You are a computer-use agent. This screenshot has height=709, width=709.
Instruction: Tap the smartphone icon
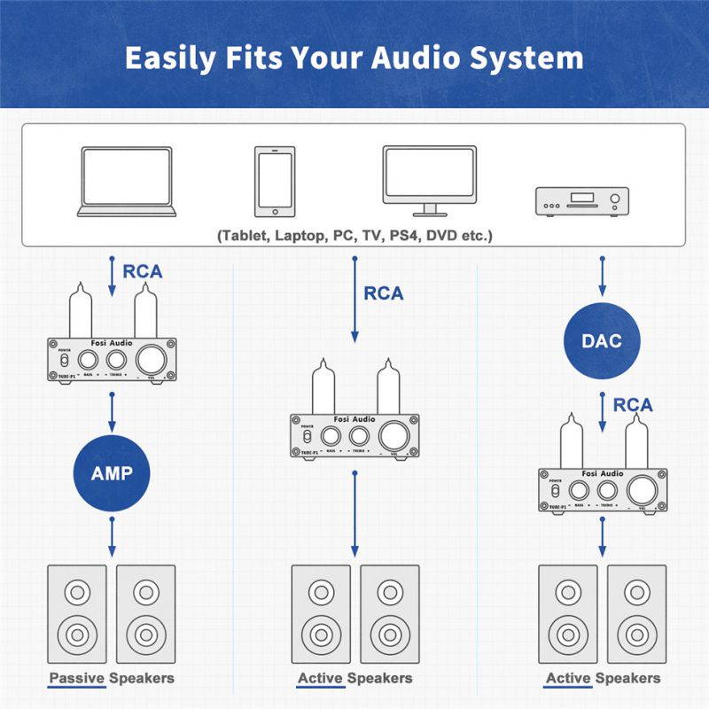point(274,182)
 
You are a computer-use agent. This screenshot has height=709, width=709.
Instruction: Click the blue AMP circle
point(112,471)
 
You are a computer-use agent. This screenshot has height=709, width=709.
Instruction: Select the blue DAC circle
point(603,340)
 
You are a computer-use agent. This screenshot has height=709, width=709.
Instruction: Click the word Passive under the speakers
point(77,678)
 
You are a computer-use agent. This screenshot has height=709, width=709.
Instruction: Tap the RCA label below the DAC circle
point(632,405)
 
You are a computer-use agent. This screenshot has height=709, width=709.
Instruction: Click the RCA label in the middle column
point(383,292)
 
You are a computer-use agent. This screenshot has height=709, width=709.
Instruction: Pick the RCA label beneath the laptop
point(142,271)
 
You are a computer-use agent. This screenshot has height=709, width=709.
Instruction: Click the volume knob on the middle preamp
point(393,435)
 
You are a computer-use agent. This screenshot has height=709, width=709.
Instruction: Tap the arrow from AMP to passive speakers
point(112,537)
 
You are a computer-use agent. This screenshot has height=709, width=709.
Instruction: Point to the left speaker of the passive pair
point(75,611)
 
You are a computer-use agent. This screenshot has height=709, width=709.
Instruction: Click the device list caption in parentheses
point(354,236)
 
